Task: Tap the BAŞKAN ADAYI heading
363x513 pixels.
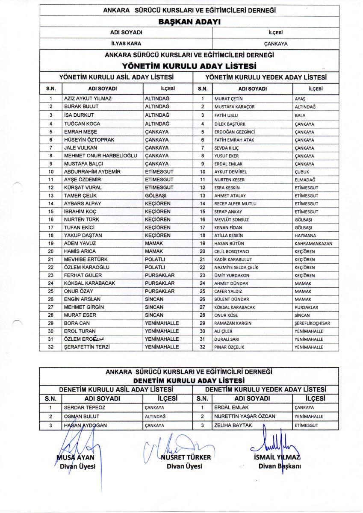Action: [189, 23]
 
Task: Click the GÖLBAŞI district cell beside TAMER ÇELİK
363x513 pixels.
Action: [157, 196]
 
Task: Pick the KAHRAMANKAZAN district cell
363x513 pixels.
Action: [313, 244]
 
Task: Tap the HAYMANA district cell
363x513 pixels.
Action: [304, 236]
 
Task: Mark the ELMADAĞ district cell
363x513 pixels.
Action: [304, 180]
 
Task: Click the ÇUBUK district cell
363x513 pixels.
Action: [302, 172]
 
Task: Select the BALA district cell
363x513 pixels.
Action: [300, 115]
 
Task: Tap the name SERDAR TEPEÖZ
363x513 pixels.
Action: [85, 407]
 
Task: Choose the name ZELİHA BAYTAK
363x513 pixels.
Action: [233, 425]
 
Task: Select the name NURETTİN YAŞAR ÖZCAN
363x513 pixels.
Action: [245, 416]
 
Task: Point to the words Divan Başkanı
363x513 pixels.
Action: [280, 466]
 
